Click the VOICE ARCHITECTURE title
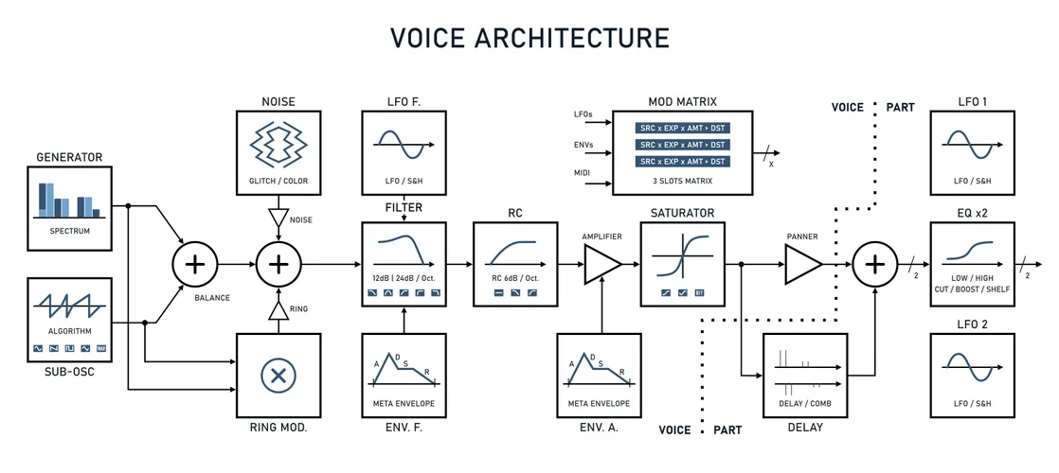tap(529, 38)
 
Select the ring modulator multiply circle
tap(278, 376)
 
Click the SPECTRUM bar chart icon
tap(70, 208)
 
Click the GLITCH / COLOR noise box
tap(278, 152)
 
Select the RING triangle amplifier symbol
tap(278, 309)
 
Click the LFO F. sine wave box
tap(404, 152)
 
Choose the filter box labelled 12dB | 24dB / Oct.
tap(404, 264)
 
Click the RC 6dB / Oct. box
tap(515, 264)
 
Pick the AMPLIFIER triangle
tap(601, 264)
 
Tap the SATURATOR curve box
tap(682, 264)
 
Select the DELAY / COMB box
tap(803, 376)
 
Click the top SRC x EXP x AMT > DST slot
tap(682, 128)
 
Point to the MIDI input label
tap(583, 173)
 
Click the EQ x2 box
tap(972, 264)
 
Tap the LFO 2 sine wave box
tap(972, 376)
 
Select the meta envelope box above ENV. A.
tap(601, 376)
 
